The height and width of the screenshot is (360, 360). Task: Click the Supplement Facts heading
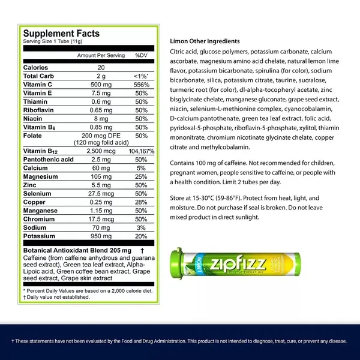pos(61,34)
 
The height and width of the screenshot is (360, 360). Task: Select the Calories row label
pos(35,68)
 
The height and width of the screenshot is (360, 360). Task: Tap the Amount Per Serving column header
pos(101,55)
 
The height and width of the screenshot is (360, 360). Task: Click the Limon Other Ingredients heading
pos(205,41)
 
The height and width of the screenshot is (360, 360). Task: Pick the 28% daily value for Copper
pos(142,202)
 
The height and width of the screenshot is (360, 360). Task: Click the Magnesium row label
pos(41,176)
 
